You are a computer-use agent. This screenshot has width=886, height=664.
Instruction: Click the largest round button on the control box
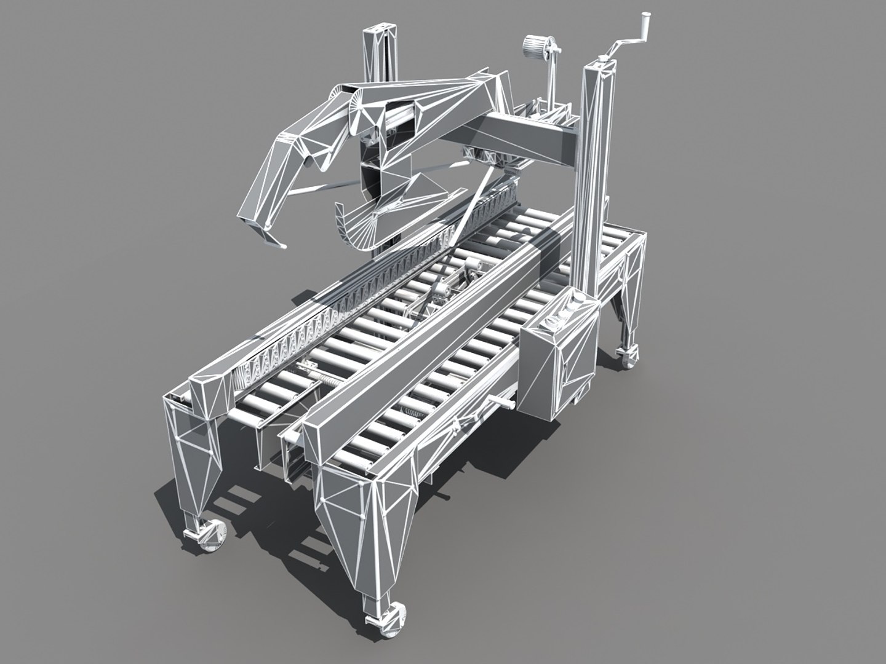[x=577, y=301]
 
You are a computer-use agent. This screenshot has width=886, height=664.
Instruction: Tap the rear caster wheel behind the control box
[x=626, y=357]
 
